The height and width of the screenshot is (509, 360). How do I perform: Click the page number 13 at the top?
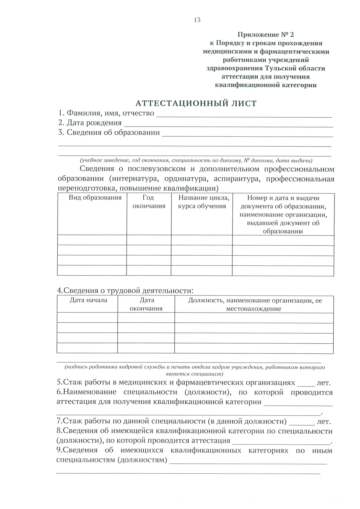pos(197,20)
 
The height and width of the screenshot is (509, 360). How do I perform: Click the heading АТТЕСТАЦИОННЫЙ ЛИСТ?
pos(196,103)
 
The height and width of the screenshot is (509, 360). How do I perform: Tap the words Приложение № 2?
pos(265,35)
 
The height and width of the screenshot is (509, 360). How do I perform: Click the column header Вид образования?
pos(95,198)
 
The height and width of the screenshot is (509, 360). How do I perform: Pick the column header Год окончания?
pos(149,202)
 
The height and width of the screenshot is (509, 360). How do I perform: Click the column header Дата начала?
pos(88,300)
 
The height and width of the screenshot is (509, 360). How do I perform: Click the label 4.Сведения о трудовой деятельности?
pos(125,290)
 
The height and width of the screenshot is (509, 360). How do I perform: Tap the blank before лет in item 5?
pos(306,384)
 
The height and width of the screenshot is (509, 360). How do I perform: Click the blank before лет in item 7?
pos(301,422)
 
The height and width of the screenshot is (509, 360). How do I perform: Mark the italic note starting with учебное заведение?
pos(196,160)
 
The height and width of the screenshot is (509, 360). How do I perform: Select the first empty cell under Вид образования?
pos(92,240)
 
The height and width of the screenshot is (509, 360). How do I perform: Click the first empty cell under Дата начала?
pos(87,318)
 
